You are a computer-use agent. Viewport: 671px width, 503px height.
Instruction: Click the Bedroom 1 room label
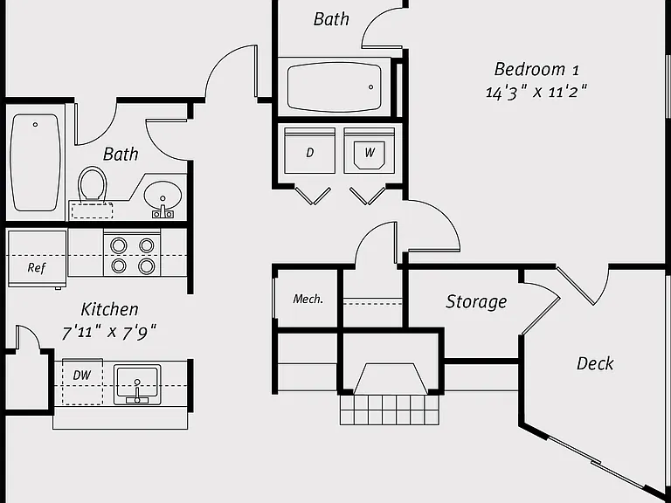click(536, 69)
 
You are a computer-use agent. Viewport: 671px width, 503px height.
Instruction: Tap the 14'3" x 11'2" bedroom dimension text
click(536, 92)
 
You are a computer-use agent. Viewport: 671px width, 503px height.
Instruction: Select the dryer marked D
click(309, 150)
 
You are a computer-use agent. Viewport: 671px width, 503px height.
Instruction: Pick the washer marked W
click(369, 150)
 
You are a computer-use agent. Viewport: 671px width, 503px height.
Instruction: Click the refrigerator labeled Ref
click(37, 259)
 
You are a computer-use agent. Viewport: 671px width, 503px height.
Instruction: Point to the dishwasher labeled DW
click(83, 382)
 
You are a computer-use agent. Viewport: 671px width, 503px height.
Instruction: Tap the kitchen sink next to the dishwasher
click(137, 384)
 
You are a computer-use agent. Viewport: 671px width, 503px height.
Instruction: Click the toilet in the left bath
click(92, 184)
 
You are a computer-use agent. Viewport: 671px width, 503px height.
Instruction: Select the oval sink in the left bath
click(163, 195)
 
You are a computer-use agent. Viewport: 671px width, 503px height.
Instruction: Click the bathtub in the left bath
click(35, 162)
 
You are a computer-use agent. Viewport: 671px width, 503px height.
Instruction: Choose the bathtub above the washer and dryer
click(335, 87)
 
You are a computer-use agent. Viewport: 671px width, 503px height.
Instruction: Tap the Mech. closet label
click(308, 299)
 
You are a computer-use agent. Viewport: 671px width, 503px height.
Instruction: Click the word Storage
click(476, 302)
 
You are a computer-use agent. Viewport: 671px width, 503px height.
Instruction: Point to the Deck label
click(595, 363)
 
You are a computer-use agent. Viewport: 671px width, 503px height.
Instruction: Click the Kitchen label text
click(109, 309)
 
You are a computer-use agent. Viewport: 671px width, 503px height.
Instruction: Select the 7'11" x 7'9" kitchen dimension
click(109, 332)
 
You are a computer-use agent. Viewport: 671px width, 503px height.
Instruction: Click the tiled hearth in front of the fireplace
click(390, 410)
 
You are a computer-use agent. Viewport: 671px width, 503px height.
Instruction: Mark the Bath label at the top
click(331, 19)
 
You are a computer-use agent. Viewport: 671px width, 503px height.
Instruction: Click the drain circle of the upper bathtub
click(371, 87)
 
